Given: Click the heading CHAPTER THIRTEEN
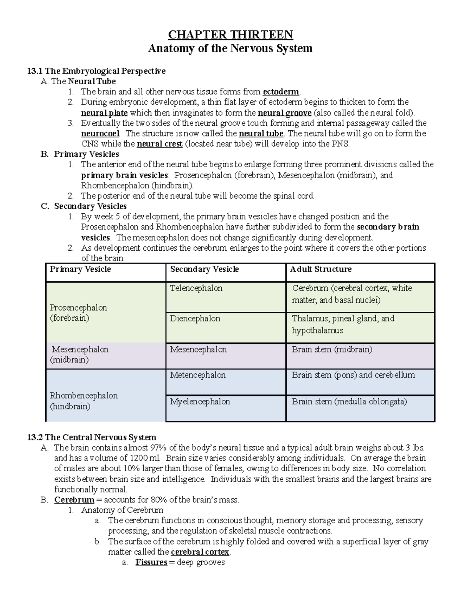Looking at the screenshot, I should pos(230,35).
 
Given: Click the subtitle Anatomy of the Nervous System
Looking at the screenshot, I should pos(230,48).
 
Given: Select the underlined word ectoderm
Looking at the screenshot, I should pos(281,92).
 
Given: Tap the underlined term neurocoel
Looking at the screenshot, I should pos(100,134).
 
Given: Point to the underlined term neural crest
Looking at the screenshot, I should pos(160,144).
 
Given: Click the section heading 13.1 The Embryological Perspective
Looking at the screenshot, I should pos(96,71).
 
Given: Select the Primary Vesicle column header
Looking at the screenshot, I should pos(80,269).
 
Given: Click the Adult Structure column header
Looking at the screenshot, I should pos(321,269).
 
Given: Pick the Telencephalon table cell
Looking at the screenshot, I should pos(196,288).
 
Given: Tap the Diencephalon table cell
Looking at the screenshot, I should pos(195,319).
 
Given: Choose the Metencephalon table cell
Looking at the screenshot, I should pos(198,375).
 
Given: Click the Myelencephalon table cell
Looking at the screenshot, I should pos(200,402).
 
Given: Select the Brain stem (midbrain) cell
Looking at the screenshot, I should pos(332,350).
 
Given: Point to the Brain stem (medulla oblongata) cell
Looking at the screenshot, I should pos(349,402).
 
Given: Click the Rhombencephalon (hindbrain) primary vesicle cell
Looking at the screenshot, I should pos(84,401).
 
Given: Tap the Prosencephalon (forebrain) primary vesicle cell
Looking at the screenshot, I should pos(78,313).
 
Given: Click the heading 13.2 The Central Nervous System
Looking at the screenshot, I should pos(92,437).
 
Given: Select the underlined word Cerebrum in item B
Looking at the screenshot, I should pos(74,500).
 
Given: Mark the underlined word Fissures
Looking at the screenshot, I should pos(151,563).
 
